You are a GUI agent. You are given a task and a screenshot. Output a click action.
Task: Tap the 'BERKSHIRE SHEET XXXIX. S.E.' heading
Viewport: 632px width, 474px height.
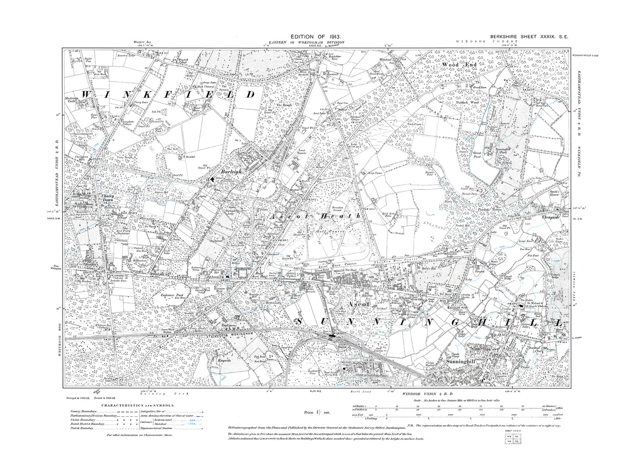point(523,38)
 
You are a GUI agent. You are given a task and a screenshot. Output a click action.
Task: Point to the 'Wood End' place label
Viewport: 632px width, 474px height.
point(459,65)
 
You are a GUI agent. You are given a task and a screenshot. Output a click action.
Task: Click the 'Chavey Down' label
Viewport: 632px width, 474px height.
point(108,199)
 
